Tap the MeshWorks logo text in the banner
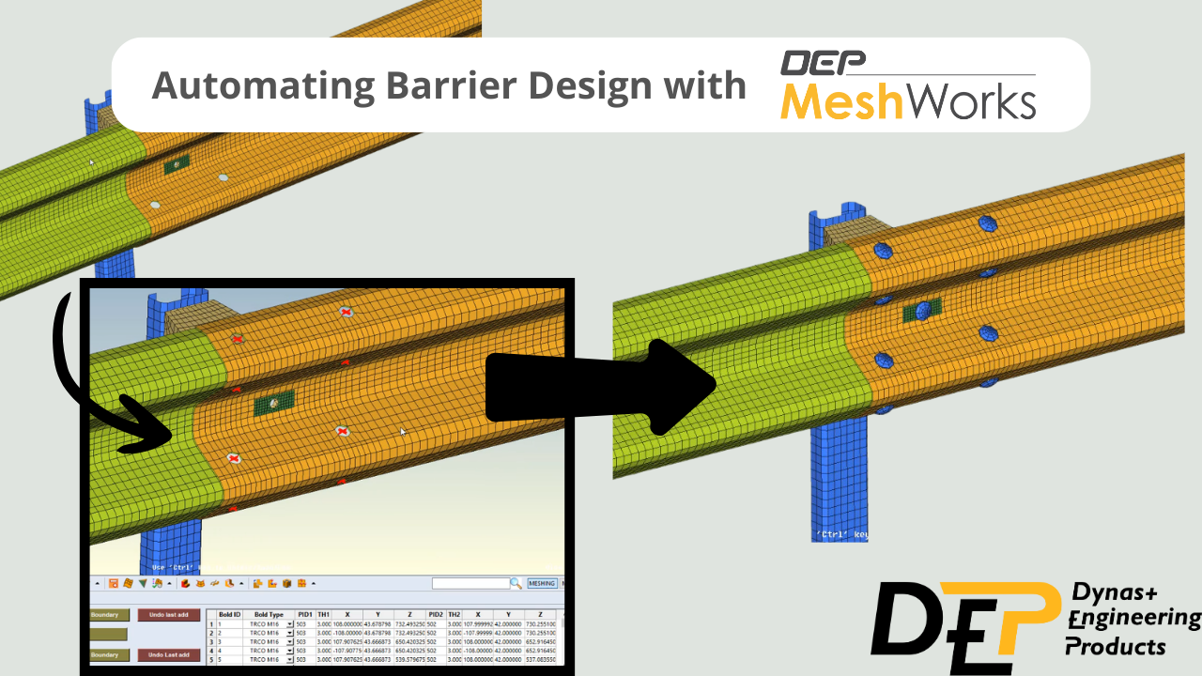(908, 100)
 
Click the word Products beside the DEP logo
(1116, 647)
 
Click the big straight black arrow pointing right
(601, 387)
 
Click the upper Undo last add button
(169, 615)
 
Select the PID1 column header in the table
(304, 614)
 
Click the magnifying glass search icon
(516, 583)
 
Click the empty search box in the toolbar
(470, 583)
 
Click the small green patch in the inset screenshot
(273, 403)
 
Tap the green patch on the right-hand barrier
(921, 312)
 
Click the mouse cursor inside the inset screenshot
(403, 432)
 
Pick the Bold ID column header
(229, 614)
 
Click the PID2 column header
(435, 614)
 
